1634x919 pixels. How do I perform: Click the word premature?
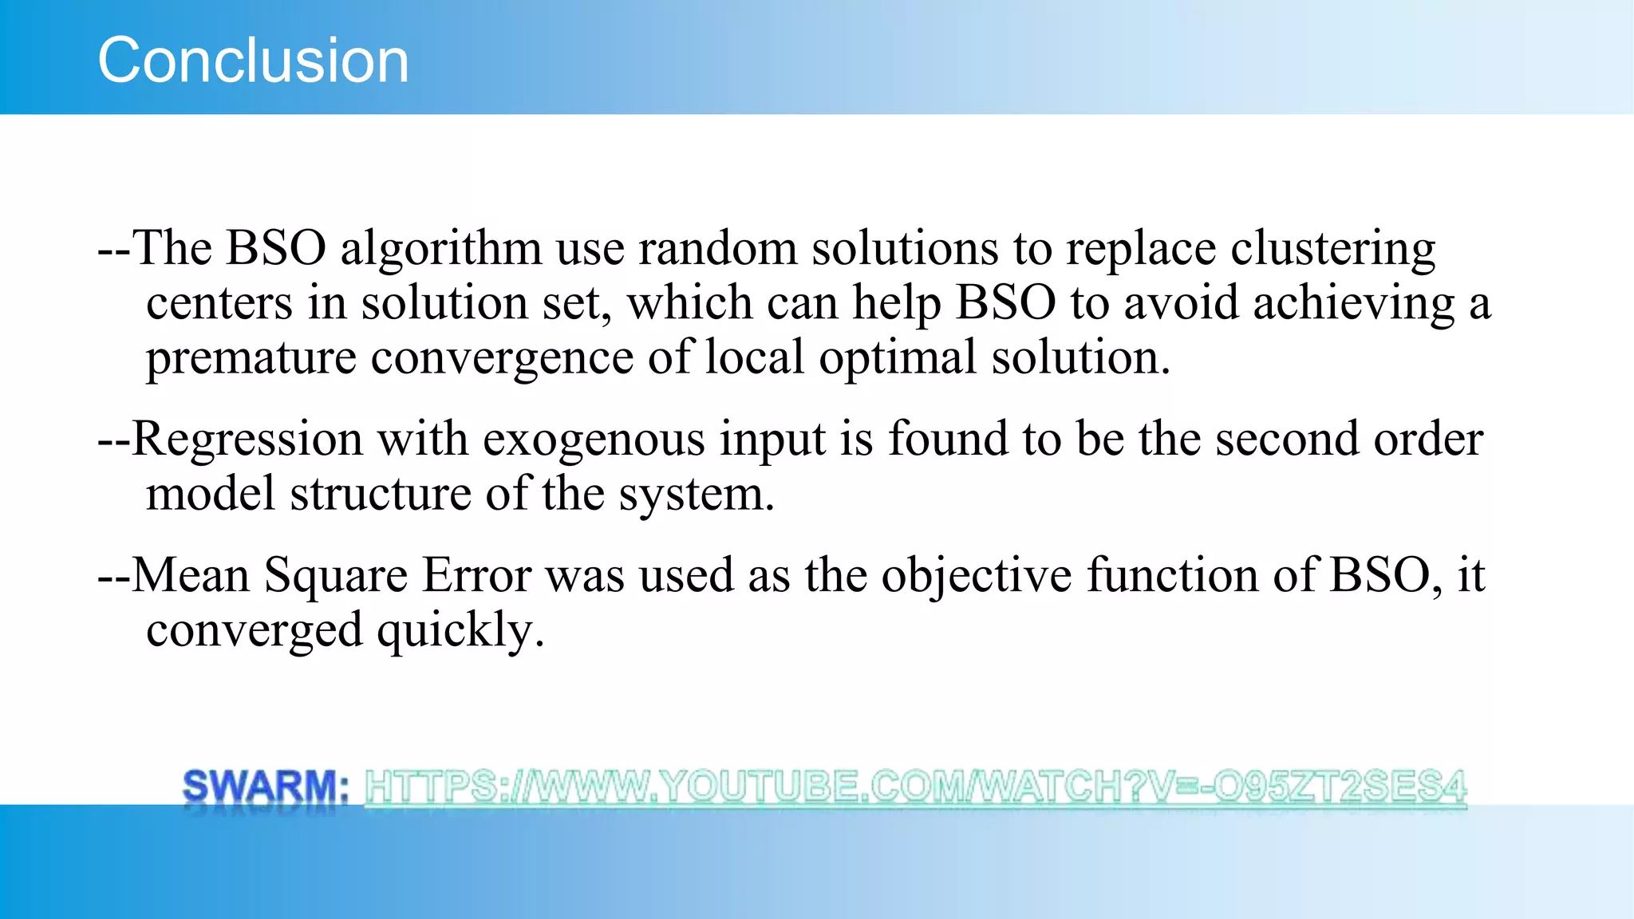[251, 357]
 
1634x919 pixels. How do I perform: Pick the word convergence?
[502, 357]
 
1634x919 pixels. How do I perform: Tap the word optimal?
[898, 357]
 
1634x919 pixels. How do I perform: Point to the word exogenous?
[594, 440]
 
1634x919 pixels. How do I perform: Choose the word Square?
[336, 575]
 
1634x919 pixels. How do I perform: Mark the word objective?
[977, 575]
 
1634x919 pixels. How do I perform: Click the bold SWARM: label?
[266, 787]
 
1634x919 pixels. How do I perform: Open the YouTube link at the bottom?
[915, 787]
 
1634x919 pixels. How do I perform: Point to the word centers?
[219, 304]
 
